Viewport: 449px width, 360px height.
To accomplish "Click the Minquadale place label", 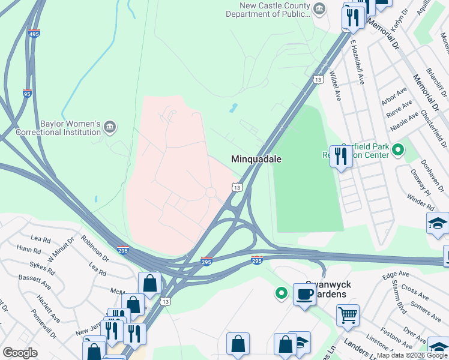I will (256, 159).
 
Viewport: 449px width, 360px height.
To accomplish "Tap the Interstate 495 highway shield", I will (34, 34).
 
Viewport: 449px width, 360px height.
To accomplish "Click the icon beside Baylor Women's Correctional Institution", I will (109, 127).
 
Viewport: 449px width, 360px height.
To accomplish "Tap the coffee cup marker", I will (304, 295).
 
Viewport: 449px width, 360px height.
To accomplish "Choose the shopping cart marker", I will (348, 314).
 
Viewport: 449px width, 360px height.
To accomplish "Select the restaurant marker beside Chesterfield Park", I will (340, 157).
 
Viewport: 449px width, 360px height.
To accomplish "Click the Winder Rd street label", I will (420, 198).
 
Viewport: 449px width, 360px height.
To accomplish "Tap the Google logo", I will (20, 353).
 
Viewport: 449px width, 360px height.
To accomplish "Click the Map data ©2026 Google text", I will (412, 355).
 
